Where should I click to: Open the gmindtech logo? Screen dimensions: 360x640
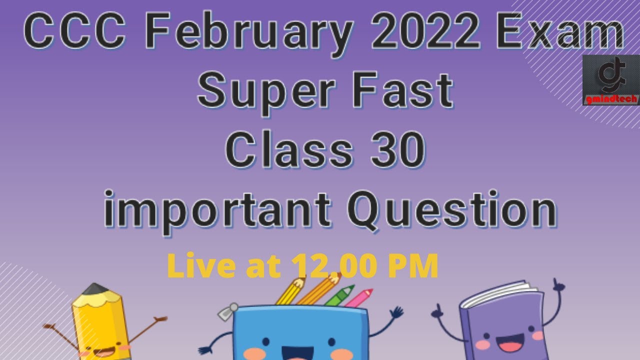(610, 80)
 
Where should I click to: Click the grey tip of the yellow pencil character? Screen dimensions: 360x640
(95, 289)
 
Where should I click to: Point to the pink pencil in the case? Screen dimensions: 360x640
(359, 298)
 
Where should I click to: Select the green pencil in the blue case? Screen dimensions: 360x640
(340, 296)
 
